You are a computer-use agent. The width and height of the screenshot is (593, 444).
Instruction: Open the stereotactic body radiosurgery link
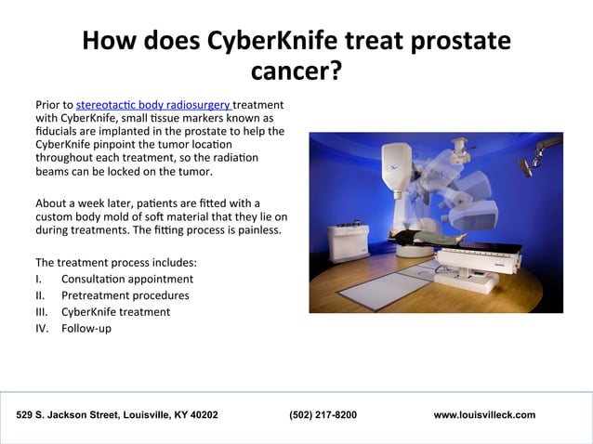click(154, 106)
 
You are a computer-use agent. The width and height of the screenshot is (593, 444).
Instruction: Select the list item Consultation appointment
click(127, 279)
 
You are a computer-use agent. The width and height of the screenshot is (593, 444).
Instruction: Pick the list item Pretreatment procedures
click(125, 295)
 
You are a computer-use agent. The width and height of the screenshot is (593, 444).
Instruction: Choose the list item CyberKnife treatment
click(115, 311)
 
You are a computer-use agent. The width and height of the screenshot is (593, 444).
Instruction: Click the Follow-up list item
click(86, 328)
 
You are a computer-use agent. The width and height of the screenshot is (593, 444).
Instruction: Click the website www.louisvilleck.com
click(484, 414)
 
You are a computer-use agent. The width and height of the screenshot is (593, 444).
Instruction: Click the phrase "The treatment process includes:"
click(115, 262)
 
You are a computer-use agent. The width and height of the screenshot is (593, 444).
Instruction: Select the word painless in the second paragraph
click(255, 229)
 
